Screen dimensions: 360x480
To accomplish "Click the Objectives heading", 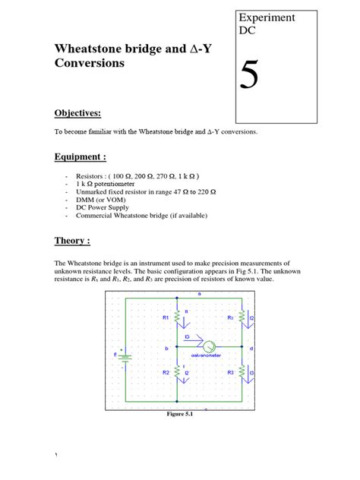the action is click(x=77, y=113).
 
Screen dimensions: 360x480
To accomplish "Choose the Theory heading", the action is click(x=72, y=241).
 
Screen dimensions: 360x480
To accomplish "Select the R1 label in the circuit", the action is click(x=166, y=317).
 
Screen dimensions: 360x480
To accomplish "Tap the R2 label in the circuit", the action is click(x=166, y=372).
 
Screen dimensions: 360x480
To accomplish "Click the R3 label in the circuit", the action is click(x=231, y=372).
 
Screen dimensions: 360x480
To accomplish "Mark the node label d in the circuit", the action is click(x=251, y=349).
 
